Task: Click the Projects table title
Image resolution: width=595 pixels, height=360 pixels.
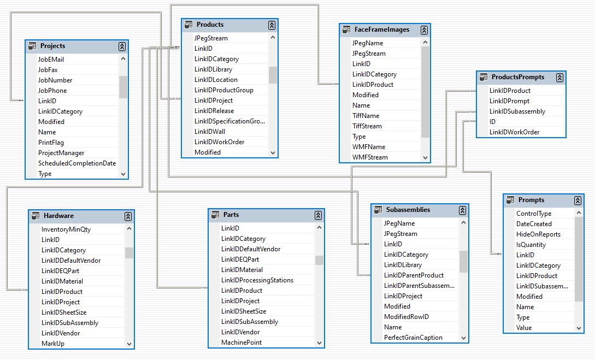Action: [52, 46]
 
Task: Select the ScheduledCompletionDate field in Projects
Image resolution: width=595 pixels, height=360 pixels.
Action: [77, 163]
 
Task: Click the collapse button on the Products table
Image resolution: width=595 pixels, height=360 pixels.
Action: [272, 25]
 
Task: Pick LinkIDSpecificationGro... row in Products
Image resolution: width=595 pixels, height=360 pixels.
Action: [229, 121]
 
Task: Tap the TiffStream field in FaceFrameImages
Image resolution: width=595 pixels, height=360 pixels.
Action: [367, 126]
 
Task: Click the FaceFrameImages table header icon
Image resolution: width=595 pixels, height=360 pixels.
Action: [346, 30]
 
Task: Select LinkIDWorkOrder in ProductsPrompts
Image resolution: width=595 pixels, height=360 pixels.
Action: [514, 132]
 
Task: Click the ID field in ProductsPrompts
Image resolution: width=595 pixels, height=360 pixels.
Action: [492, 122]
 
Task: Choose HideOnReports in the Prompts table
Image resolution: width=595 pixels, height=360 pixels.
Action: [538, 234]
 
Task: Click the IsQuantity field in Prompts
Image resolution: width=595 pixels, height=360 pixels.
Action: [531, 245]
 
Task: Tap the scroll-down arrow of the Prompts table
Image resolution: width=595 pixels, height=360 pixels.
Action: [579, 328]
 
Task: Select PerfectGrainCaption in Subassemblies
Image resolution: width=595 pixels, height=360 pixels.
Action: [413, 338]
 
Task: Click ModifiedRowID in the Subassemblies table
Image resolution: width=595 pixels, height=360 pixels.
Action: [406, 317]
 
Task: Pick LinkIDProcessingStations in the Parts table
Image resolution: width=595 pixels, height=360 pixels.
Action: [257, 280]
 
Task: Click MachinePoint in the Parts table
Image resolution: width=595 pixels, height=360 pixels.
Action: [241, 343]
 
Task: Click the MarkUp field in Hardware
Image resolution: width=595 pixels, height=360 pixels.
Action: [53, 344]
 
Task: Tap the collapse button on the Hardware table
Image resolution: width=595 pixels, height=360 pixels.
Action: [128, 216]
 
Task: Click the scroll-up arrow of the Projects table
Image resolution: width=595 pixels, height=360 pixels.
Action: [123, 59]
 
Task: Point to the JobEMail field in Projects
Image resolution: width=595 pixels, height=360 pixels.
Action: [51, 59]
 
